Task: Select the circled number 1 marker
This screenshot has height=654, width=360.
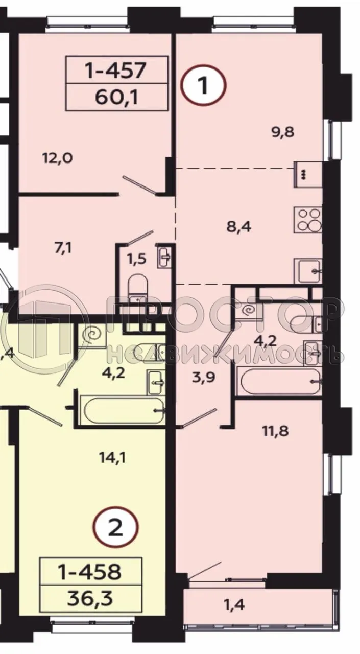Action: (x=203, y=86)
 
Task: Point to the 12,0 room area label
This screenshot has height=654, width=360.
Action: (x=57, y=158)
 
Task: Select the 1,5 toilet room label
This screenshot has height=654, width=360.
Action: (x=136, y=259)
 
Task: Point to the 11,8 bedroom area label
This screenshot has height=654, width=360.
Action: (x=276, y=431)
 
